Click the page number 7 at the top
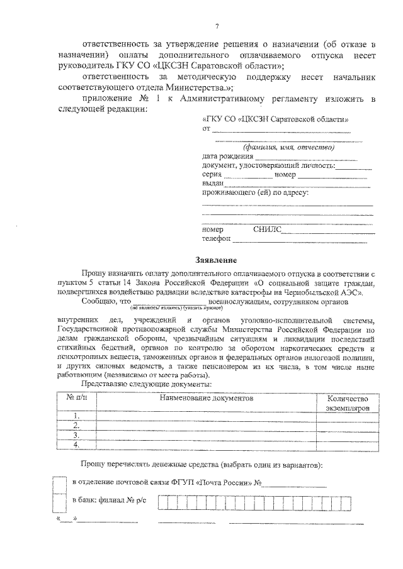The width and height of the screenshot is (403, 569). pyautogui.click(x=216, y=26)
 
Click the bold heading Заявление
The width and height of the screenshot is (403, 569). pyautogui.click(x=215, y=259)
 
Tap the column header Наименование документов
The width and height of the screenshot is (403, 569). pyautogui.click(x=205, y=398)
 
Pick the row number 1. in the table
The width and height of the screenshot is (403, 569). pyautogui.click(x=76, y=416)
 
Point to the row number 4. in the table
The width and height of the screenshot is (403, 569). pyautogui.click(x=76, y=445)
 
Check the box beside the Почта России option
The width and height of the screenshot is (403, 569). pyautogui.click(x=60, y=483)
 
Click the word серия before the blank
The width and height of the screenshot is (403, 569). pyautogui.click(x=212, y=174)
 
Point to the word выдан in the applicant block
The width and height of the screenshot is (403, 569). pyautogui.click(x=213, y=183)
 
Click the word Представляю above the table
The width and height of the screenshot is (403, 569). pyautogui.click(x=105, y=383)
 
